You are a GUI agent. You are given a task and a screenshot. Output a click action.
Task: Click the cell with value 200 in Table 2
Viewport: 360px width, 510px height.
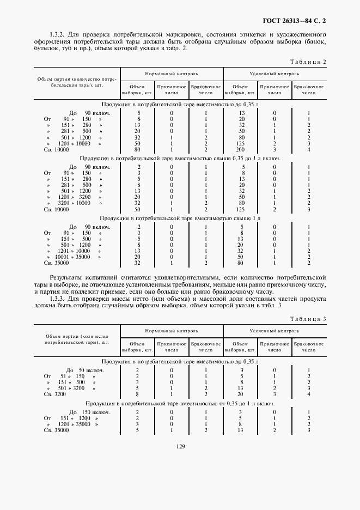pyautogui.click(x=240, y=149)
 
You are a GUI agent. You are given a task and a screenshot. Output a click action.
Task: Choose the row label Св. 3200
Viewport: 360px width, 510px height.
pyautogui.click(x=54, y=393)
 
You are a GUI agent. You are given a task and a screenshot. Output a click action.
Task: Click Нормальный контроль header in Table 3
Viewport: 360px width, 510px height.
pyautogui.click(x=172, y=331)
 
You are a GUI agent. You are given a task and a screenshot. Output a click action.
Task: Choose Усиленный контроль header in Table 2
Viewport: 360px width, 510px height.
pyautogui.click(x=275, y=73)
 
